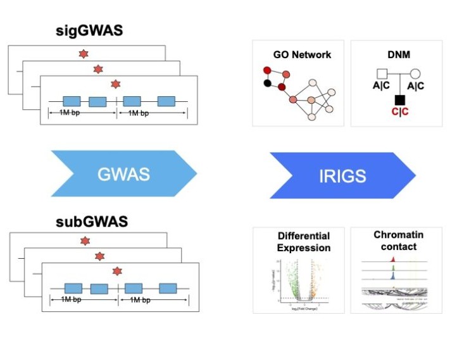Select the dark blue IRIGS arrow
(342, 175)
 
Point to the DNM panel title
(396, 54)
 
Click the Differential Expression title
(299, 242)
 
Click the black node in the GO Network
(267, 84)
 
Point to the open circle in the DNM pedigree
(415, 74)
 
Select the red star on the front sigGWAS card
(115, 84)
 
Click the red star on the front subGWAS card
(116, 271)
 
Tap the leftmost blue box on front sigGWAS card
(72, 101)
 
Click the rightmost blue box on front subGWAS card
(167, 289)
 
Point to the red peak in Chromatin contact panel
(393, 259)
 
